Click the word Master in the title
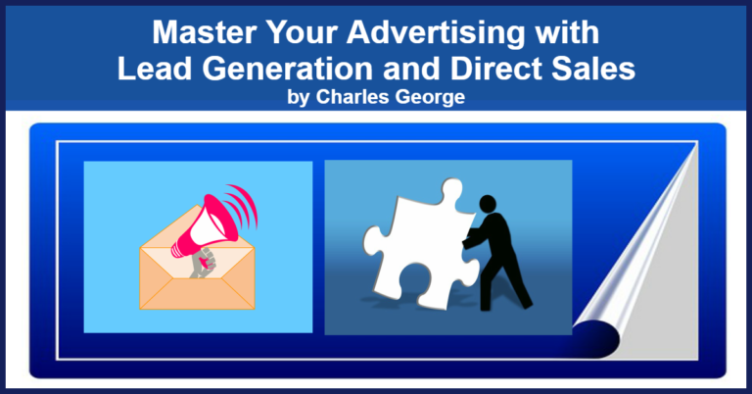click(206, 32)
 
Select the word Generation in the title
click(288, 69)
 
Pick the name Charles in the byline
click(352, 97)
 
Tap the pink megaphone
click(206, 225)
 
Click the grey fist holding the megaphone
click(203, 263)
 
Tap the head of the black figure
click(488, 204)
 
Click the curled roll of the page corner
click(596, 339)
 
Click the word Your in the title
click(303, 32)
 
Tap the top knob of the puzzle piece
click(451, 188)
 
